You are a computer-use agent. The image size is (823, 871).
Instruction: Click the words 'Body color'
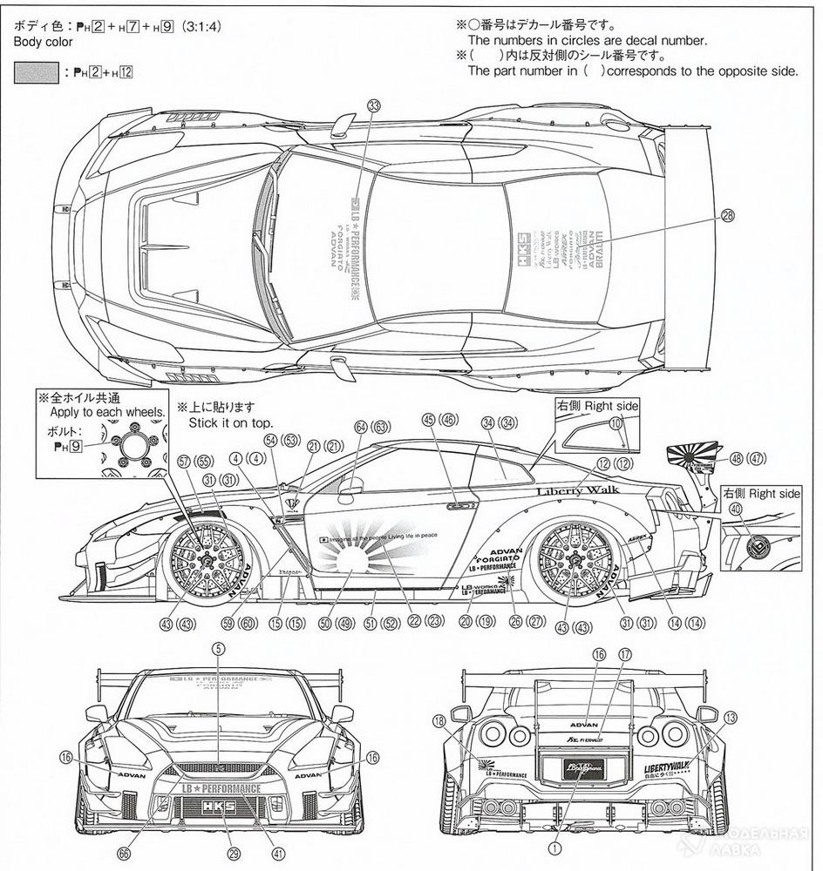point(37,41)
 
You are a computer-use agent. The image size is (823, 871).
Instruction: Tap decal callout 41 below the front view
point(278,853)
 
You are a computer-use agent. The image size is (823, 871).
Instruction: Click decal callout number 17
point(625,654)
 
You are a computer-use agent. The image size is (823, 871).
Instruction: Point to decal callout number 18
point(438,721)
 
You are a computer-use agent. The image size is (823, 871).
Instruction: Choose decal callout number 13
point(729,717)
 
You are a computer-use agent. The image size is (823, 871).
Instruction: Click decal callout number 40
point(736,509)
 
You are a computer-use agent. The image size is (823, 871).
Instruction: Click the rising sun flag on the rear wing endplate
point(691,454)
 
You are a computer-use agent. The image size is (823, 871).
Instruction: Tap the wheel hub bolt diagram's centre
point(134,442)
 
